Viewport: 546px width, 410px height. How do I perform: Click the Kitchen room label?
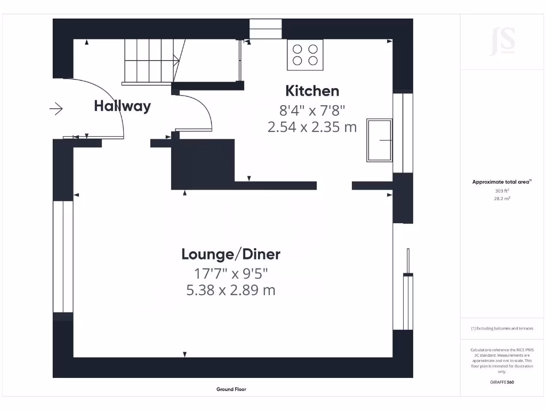tap(312, 91)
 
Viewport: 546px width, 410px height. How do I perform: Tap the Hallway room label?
tap(122, 106)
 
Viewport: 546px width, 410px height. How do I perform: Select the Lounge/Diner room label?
tap(230, 254)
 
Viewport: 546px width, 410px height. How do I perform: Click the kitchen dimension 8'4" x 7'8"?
tap(312, 111)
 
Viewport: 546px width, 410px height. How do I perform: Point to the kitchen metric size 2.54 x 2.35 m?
tap(312, 128)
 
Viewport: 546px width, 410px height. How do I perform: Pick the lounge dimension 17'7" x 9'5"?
tap(230, 274)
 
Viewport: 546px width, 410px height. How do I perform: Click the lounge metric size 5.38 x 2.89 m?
tap(230, 291)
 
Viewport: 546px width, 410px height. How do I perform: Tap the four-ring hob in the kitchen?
tap(305, 54)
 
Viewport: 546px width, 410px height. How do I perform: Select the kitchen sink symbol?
tap(379, 140)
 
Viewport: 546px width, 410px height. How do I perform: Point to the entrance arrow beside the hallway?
tap(56, 109)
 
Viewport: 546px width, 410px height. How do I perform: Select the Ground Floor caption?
tap(231, 390)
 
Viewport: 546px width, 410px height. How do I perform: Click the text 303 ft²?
tap(502, 190)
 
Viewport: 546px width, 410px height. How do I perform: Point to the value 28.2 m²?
tap(502, 198)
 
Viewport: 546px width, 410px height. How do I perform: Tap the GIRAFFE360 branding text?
tap(502, 382)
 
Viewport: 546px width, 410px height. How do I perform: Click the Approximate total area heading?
tap(501, 182)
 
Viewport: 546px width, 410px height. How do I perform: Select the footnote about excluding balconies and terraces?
tap(502, 328)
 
